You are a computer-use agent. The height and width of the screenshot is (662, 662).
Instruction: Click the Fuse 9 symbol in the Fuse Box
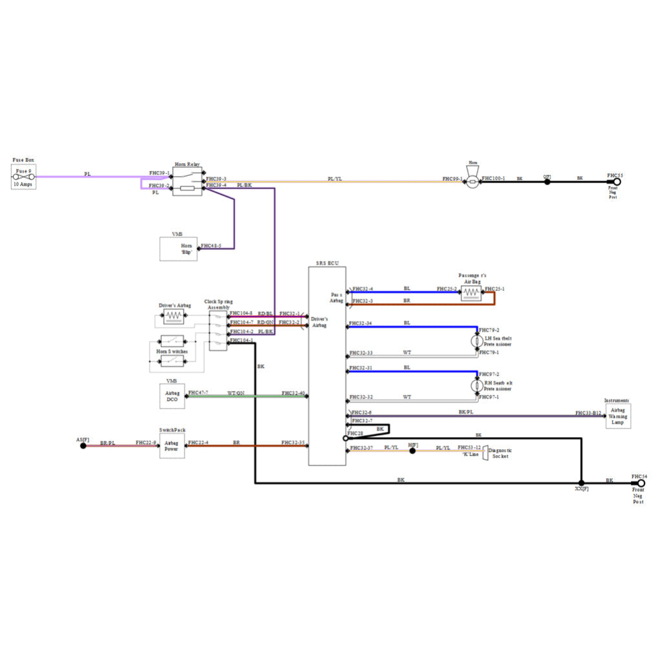24,176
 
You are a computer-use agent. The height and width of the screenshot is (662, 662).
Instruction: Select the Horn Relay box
187,182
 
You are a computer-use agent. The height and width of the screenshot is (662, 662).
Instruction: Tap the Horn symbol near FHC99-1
473,179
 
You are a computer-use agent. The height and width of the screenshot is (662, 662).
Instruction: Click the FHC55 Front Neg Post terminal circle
617,182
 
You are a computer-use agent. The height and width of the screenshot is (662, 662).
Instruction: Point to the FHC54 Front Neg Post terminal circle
641,483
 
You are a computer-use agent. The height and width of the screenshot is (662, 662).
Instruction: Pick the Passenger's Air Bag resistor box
472,293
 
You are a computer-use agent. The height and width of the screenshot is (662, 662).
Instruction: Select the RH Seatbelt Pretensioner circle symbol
477,385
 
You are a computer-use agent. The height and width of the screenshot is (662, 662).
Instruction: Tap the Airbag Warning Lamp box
617,416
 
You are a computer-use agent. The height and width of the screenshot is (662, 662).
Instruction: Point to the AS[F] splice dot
83,445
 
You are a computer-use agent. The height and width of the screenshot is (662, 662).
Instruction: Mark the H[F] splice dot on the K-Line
412,451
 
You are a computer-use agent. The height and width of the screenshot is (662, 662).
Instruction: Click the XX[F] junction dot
581,483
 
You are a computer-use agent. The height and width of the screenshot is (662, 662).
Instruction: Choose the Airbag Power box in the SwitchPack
171,445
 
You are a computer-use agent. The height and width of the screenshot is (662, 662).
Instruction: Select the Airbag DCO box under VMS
172,396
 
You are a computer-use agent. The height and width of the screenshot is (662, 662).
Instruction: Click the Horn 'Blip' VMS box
178,249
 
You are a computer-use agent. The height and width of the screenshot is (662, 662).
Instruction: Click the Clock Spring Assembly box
218,330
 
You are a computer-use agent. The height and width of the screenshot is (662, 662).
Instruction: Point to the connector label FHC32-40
293,393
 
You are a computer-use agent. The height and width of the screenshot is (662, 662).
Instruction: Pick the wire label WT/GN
235,393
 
